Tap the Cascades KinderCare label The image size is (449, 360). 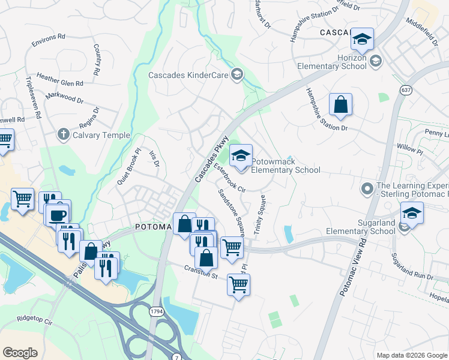pos(188,75)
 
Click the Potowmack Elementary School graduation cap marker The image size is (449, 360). pos(241,156)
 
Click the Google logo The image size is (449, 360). pos(20,352)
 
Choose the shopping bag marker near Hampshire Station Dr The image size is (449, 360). pos(340,104)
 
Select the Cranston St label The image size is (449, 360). pos(200,272)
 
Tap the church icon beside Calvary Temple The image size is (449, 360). pos(64,135)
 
